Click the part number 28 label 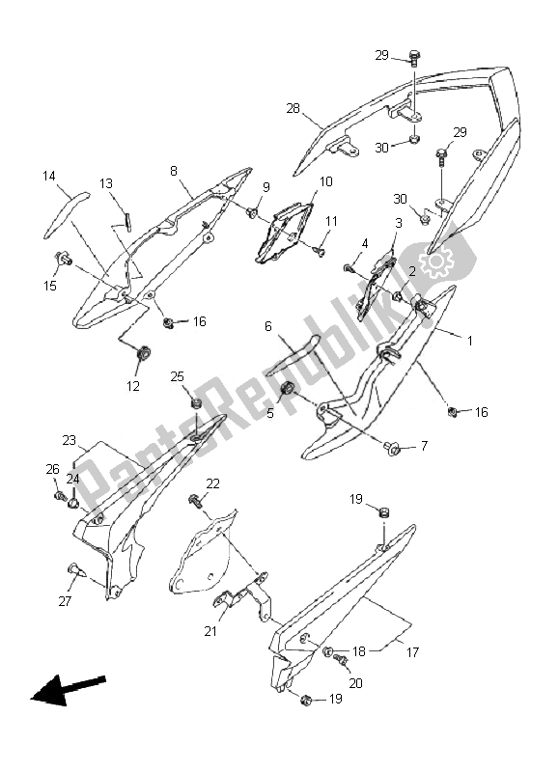[x=293, y=109]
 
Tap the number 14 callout [x=49, y=176]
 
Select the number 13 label [x=106, y=183]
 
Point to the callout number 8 [x=174, y=171]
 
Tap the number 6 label [x=268, y=326]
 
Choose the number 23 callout [x=70, y=440]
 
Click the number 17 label [x=412, y=652]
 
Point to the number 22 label [x=212, y=483]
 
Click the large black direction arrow [x=68, y=689]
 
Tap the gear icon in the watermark [x=437, y=260]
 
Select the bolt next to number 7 [x=393, y=447]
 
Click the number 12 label [x=133, y=386]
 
